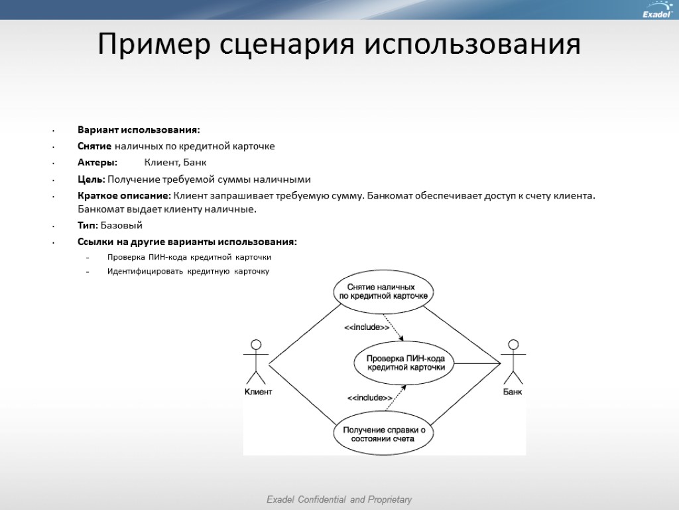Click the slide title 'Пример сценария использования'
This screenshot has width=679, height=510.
point(339,44)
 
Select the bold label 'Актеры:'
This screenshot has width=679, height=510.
point(97,163)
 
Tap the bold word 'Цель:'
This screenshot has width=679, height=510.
point(91,179)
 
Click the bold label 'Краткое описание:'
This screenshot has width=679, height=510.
point(124,196)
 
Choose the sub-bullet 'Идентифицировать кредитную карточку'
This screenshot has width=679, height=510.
point(188,271)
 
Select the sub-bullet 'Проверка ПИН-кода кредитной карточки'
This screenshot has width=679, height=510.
point(189,256)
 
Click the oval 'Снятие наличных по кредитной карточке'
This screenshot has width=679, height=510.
point(384,290)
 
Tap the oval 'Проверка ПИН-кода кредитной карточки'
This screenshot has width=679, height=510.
point(405,363)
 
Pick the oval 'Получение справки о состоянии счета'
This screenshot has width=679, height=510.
point(384,434)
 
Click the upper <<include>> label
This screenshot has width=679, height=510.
point(366,327)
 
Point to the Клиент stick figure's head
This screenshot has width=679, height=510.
point(255,345)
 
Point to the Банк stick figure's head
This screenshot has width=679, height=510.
point(512,345)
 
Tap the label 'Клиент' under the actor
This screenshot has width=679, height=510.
point(258,392)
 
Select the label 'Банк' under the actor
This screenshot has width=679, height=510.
point(512,392)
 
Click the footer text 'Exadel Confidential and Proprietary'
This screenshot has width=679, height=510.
point(339,499)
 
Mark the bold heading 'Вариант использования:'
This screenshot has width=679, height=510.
point(138,129)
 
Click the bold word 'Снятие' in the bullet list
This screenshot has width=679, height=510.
point(95,146)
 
